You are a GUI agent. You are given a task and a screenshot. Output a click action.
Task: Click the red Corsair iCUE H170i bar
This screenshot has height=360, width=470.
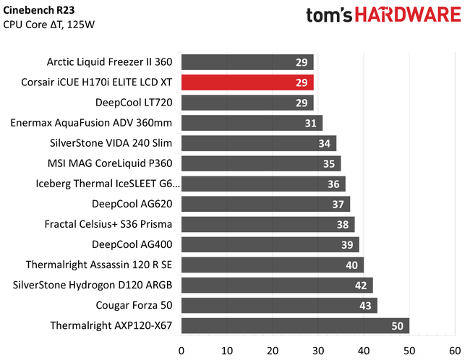click(247, 82)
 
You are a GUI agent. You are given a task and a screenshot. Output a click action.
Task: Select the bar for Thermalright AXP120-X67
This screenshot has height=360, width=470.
click(295, 325)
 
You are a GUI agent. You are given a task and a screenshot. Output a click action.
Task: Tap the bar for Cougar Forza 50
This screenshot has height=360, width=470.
click(279, 305)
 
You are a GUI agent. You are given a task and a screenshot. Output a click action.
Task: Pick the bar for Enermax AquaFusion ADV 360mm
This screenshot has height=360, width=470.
click(252, 122)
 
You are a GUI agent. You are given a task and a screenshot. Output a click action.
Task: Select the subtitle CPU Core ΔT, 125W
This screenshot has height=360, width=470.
click(49, 25)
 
